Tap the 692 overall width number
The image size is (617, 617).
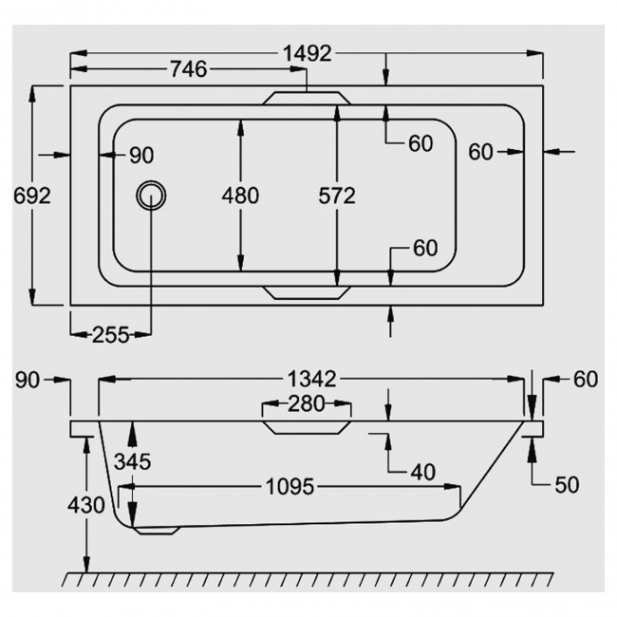31,196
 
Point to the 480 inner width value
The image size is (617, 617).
239,196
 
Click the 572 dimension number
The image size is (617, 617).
336,196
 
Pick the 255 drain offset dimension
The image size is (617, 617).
111,334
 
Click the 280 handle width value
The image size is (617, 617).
306,403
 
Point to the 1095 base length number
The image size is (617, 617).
289,487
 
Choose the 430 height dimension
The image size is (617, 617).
86,505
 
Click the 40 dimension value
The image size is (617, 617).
424,471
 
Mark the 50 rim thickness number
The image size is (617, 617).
567,484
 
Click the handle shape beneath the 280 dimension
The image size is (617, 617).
306,425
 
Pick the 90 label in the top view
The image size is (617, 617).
140,155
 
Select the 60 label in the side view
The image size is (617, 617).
585,379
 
